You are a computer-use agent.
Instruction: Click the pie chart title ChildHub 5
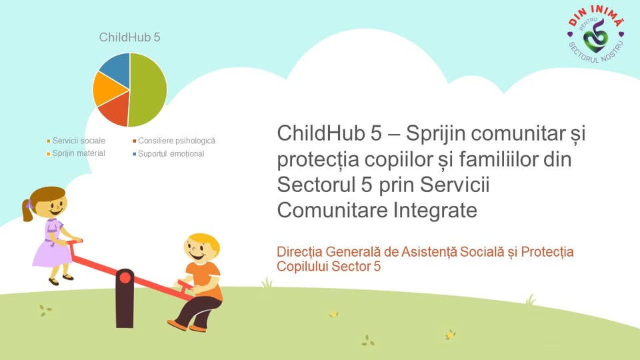[130, 37]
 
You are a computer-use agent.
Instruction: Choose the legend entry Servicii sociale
[76, 141]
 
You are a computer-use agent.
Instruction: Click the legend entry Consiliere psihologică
[174, 141]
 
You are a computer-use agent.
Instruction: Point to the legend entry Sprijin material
[76, 153]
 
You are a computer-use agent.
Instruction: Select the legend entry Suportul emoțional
[168, 154]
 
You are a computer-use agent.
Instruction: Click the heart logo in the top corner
[595, 35]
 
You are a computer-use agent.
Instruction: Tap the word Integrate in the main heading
[435, 210]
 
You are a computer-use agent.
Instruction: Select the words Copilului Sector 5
[329, 267]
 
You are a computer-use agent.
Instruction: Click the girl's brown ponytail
[27, 211]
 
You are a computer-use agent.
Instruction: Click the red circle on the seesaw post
[125, 278]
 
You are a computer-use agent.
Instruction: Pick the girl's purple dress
[52, 244]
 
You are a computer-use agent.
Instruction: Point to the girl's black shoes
[61, 279]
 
